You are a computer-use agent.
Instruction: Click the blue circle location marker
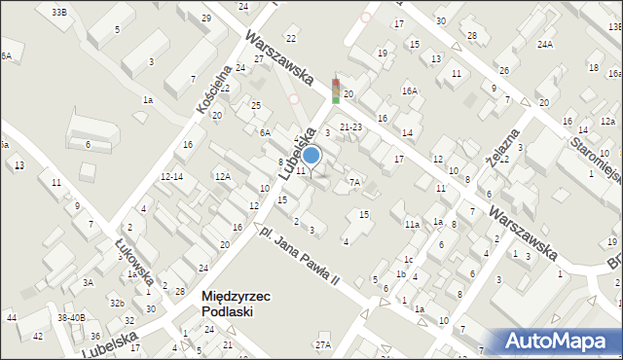[311, 155]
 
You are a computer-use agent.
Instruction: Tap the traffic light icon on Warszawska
[336, 90]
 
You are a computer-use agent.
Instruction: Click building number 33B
[59, 12]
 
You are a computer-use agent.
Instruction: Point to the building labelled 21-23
[350, 126]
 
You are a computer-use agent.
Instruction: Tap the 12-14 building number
[172, 176]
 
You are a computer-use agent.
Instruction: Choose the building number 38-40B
[71, 317]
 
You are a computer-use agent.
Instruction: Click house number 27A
[322, 344]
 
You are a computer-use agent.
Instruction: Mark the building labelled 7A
[355, 181]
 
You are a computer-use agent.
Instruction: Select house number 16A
[410, 90]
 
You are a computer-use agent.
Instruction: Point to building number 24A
[544, 44]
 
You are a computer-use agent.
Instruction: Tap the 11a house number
[413, 224]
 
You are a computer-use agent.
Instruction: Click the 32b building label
[117, 303]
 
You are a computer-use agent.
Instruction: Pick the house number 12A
[223, 176]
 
